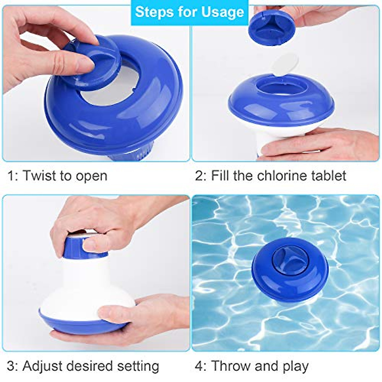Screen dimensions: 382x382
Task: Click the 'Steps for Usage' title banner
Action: click(x=189, y=12)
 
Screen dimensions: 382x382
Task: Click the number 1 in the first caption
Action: click(x=11, y=176)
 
